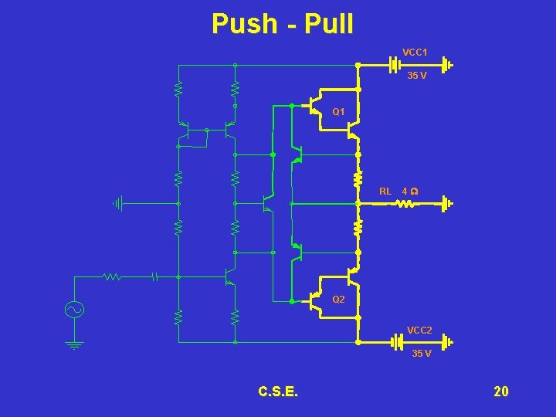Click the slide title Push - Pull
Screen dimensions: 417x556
283,24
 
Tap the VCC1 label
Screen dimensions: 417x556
415,53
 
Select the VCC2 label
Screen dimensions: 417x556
420,331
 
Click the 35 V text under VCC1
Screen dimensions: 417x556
416,76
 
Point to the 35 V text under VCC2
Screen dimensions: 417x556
421,354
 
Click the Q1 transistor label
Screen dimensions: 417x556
339,113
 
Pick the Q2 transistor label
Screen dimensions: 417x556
338,299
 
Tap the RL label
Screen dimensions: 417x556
385,191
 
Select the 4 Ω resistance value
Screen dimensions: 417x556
410,191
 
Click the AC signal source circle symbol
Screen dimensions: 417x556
75,310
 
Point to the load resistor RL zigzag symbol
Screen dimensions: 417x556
405,205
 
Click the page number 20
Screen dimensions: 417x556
501,392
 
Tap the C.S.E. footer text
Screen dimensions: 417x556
278,392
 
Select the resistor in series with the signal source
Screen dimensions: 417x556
113,276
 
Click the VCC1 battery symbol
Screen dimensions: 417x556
395,65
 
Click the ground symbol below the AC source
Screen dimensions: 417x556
75,344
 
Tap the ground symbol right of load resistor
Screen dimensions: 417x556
447,205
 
